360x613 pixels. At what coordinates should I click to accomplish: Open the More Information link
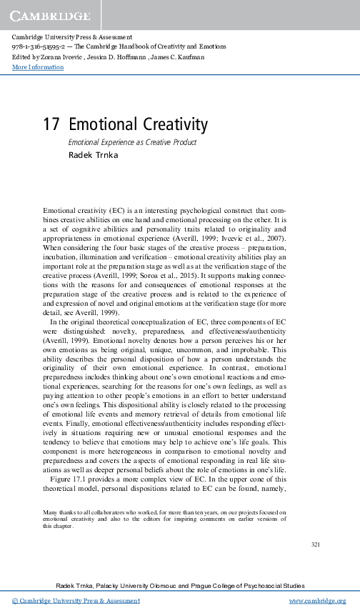click(38, 67)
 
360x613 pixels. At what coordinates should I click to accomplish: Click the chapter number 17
click(51, 125)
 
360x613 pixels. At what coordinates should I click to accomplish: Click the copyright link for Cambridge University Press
click(76, 601)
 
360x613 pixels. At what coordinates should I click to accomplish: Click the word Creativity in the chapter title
click(171, 125)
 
